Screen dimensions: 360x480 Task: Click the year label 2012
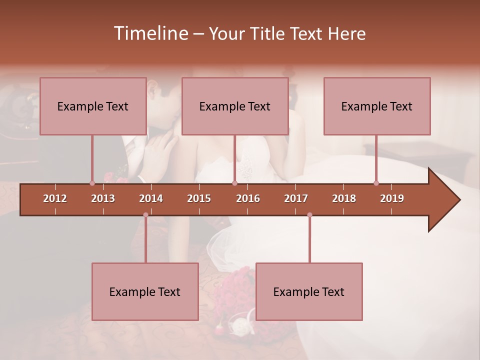pyautogui.click(x=55, y=198)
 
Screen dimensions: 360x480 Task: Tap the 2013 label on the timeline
pyautogui.click(x=103, y=198)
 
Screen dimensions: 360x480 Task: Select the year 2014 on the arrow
pyautogui.click(x=151, y=198)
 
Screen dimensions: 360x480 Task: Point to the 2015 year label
pyautogui.click(x=199, y=198)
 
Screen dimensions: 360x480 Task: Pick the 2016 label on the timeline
pyautogui.click(x=248, y=198)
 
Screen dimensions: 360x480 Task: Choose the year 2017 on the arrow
pyautogui.click(x=296, y=198)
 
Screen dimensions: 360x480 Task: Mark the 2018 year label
pyautogui.click(x=344, y=198)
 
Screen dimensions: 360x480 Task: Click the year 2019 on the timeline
pyautogui.click(x=392, y=198)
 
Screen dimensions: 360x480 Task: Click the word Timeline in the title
pyautogui.click(x=150, y=33)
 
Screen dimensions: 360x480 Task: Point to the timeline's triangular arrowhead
pyautogui.click(x=444, y=200)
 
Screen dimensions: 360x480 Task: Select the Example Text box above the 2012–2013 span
pyautogui.click(x=93, y=106)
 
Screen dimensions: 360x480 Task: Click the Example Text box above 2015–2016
pyautogui.click(x=235, y=106)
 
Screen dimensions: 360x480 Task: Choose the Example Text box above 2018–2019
pyautogui.click(x=377, y=106)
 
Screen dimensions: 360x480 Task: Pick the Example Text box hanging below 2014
pyautogui.click(x=145, y=291)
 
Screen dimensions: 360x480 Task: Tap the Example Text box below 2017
pyautogui.click(x=309, y=291)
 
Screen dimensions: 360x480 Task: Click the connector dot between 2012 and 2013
pyautogui.click(x=92, y=183)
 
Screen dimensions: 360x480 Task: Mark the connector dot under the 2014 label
pyautogui.click(x=145, y=215)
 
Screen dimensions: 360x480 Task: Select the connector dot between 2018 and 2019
pyautogui.click(x=376, y=183)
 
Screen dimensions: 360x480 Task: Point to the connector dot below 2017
pyautogui.click(x=309, y=215)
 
